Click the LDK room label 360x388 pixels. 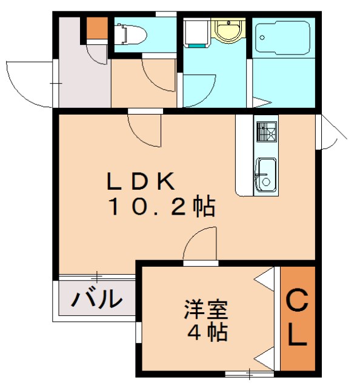coord(142,181)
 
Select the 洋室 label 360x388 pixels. coord(206,310)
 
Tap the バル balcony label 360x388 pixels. coord(96,299)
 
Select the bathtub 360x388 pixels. coord(282,38)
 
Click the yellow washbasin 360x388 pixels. coord(228,30)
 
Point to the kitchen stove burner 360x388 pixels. coord(266,131)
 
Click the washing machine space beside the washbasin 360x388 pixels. coord(196,33)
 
